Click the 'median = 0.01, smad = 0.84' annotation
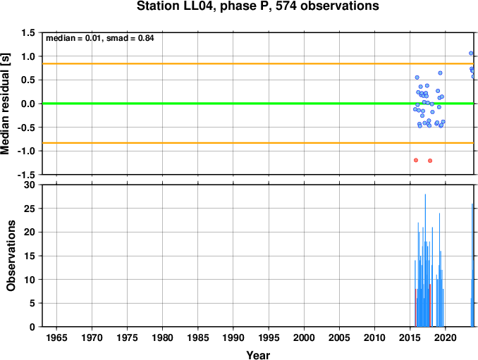(99, 38)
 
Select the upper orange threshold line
(259, 63)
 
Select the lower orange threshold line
(259, 143)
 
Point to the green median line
(259, 104)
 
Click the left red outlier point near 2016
(416, 160)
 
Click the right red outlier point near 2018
(430, 161)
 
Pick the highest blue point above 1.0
(471, 53)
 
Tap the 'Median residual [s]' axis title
(5, 104)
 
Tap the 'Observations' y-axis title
(11, 256)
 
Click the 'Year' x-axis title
(258, 355)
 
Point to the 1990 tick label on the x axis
(233, 337)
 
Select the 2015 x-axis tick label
(410, 337)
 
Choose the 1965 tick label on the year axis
(56, 337)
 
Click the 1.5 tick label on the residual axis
(28, 32)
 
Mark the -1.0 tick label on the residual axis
(26, 151)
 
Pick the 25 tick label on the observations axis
(30, 209)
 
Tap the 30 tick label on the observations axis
(30, 185)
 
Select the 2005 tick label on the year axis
(339, 337)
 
